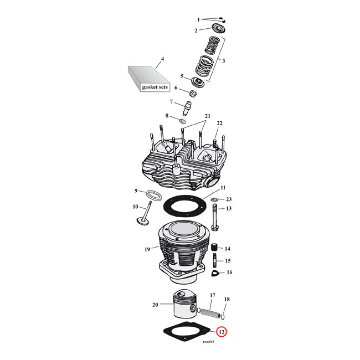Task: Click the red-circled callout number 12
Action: (x=221, y=332)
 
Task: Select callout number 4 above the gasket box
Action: (x=162, y=59)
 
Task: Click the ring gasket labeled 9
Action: (x=155, y=195)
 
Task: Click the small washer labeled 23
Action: (x=214, y=199)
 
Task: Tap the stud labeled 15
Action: (x=214, y=261)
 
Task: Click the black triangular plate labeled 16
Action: (x=214, y=273)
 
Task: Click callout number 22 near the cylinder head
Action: (x=219, y=123)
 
